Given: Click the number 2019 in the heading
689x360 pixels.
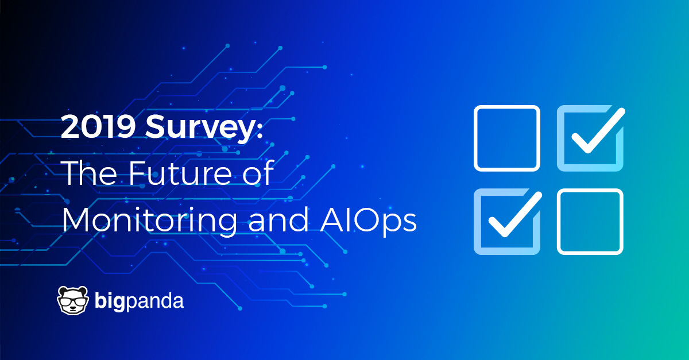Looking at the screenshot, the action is pos(98,126).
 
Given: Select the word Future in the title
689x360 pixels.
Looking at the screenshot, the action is pos(180,174).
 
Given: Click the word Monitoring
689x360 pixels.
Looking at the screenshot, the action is pos(150,220).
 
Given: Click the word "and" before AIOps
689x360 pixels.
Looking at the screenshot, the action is pos(278,219).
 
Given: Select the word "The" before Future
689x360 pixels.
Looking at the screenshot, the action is pos(90,173).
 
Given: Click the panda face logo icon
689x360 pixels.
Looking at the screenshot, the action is pos(72,301).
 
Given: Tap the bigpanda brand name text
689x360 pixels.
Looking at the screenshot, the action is pos(139,301).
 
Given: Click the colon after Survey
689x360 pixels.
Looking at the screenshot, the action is pos(260,129).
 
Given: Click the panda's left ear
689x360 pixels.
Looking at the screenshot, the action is pos(63,291).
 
